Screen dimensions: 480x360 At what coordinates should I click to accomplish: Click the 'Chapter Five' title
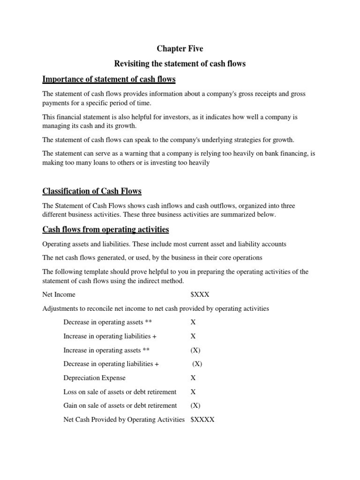180,48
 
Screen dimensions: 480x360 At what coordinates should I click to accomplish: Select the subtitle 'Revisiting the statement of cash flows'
180,63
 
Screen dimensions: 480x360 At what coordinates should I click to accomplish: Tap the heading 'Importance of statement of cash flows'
109,78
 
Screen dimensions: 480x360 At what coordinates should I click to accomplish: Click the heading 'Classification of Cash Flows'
92,191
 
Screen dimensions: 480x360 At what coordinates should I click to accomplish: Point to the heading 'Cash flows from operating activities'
105,229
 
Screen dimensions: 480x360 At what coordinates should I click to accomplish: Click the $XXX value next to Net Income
200,294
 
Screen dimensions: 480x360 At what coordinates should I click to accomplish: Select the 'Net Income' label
59,294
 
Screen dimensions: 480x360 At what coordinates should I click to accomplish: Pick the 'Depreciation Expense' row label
94,377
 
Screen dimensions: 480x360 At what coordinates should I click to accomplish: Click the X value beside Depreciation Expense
193,377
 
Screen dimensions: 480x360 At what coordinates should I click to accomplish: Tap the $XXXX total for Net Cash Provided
202,420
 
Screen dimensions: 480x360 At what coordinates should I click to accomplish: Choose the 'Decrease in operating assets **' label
107,322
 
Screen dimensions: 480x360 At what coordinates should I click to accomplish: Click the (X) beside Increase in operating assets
195,350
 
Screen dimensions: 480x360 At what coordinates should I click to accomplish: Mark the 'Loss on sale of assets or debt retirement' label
120,391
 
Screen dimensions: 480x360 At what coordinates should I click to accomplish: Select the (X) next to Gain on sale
195,405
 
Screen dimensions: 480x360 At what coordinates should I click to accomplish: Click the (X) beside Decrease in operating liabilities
197,364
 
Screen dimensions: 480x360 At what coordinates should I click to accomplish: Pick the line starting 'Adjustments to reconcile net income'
156,308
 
